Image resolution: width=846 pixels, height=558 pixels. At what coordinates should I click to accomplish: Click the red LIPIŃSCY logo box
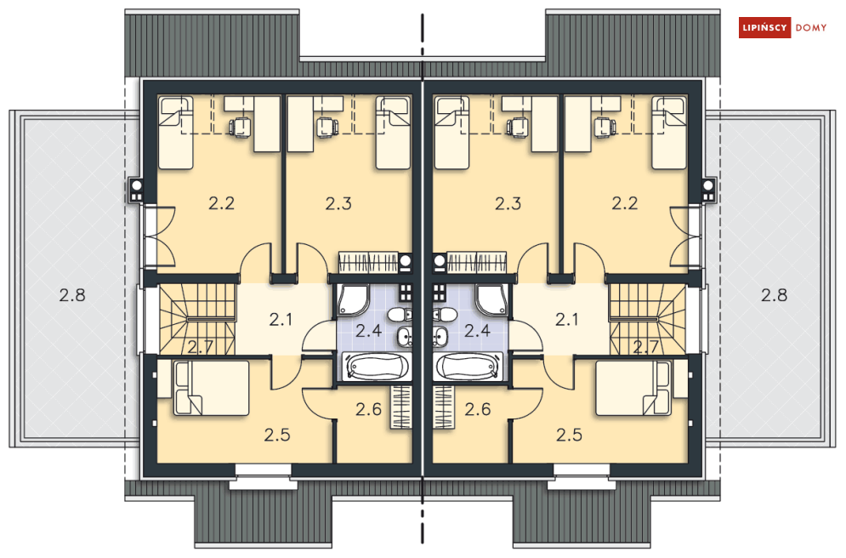pos(764,27)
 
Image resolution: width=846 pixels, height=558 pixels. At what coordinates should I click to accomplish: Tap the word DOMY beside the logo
pos(811,27)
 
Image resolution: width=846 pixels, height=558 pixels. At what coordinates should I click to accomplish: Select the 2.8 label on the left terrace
pos(72,295)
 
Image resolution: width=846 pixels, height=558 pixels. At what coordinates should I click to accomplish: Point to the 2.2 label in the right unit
pos(625,203)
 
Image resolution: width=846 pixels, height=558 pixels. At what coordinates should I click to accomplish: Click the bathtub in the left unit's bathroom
pos(376,367)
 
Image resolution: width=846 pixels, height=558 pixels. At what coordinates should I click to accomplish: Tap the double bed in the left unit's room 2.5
pos(211,388)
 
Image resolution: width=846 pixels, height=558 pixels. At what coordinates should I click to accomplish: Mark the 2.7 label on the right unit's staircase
pos(645,346)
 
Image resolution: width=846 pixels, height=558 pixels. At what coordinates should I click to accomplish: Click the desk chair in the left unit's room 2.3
pos(326,127)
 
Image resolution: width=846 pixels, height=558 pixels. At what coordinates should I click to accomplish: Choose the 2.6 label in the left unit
pos(368,409)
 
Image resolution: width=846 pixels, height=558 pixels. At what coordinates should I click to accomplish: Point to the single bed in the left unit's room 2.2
pos(176,133)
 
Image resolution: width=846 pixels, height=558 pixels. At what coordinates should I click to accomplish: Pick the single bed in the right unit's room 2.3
pos(451,133)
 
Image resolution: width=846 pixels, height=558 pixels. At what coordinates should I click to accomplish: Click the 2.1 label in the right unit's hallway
pos(566,320)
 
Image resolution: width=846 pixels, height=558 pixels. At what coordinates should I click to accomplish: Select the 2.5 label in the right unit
pos(569,435)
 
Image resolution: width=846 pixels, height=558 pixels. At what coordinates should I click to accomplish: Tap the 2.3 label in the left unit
pos(338,203)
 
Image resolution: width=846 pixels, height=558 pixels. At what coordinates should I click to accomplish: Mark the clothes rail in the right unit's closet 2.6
pos(444,407)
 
